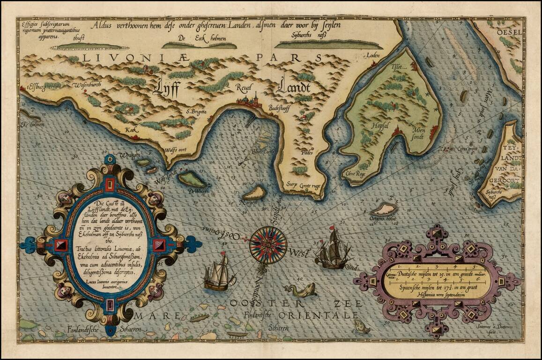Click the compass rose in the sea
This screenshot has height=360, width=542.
(267, 243)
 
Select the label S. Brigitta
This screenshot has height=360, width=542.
(197, 112)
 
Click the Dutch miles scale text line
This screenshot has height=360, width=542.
(438, 274)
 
